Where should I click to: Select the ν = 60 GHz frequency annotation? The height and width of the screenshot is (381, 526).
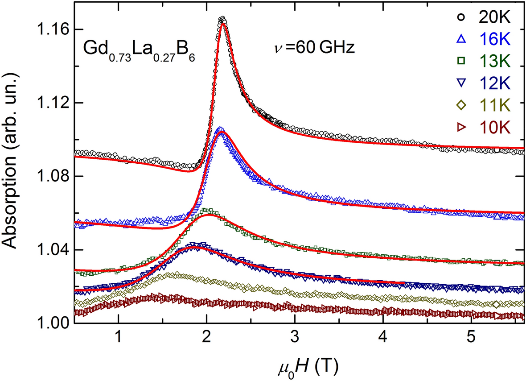[x=315, y=47]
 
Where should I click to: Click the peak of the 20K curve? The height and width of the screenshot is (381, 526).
[x=222, y=19]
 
